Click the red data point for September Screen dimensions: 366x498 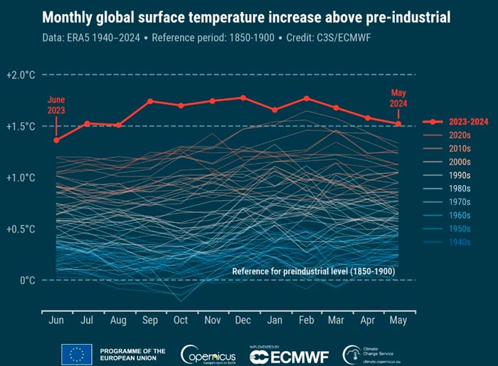150,101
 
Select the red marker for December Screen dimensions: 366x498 243,98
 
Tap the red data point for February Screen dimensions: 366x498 306,98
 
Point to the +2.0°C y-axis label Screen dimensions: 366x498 20,75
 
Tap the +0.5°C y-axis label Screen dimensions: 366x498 20,229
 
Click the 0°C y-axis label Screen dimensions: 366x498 26,280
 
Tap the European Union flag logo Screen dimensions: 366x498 75,352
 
